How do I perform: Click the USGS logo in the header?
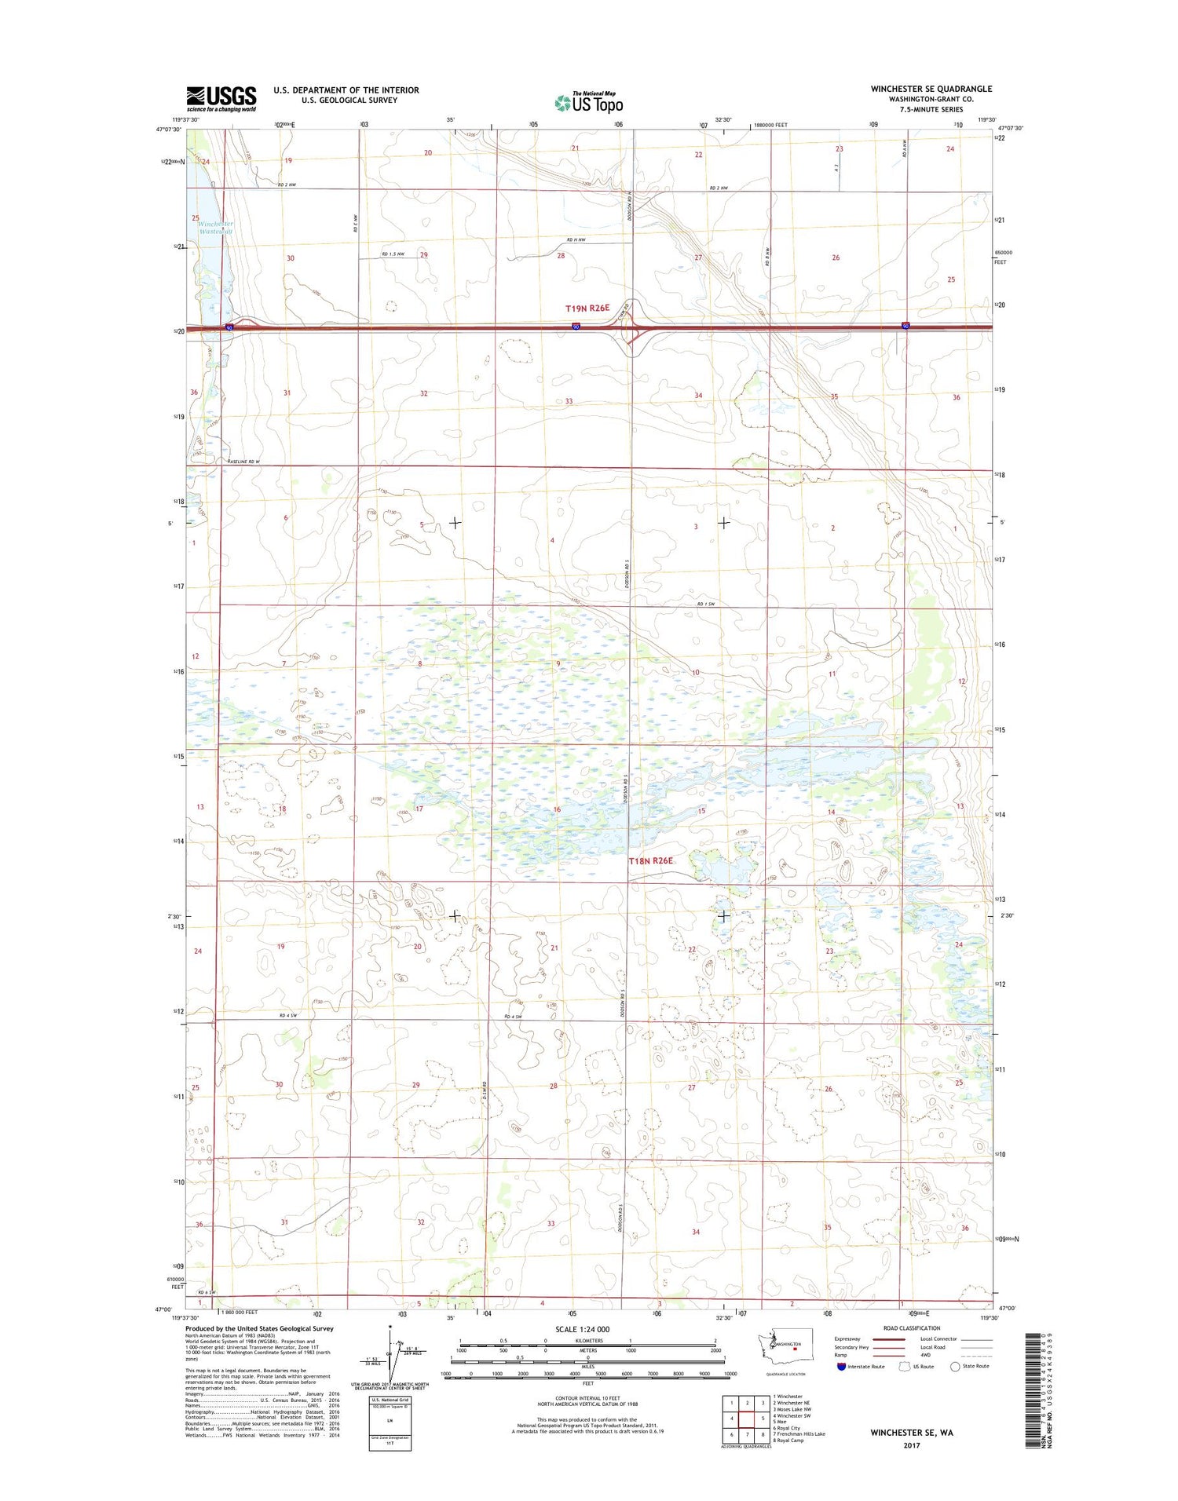click(x=221, y=98)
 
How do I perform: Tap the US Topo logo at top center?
click(x=589, y=102)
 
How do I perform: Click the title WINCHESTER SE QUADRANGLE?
click(x=931, y=89)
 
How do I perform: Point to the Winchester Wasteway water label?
click(x=216, y=228)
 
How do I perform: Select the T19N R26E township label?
click(x=587, y=309)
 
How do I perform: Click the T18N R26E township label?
click(x=650, y=860)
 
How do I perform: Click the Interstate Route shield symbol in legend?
click(x=842, y=1366)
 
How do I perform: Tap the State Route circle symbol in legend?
click(x=955, y=1366)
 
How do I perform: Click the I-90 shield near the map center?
click(x=576, y=327)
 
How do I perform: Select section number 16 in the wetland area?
click(x=557, y=809)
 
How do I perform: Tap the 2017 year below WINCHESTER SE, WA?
click(x=911, y=1445)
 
